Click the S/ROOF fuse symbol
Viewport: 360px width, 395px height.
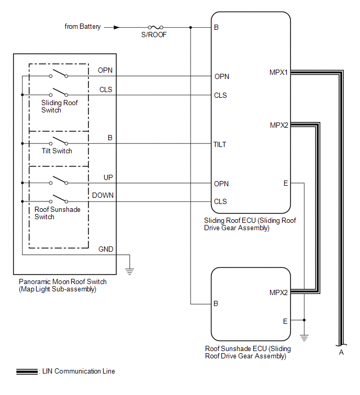(x=155, y=27)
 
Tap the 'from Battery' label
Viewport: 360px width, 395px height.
(x=83, y=26)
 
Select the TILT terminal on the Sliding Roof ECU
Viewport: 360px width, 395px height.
(x=220, y=144)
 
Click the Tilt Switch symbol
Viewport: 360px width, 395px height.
(x=59, y=141)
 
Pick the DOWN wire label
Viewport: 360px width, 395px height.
(x=103, y=196)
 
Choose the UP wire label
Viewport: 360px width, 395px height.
(x=108, y=178)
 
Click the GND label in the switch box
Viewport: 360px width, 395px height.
(x=106, y=250)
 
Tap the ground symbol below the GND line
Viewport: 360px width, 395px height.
(x=130, y=271)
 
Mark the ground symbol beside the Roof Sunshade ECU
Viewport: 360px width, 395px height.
(x=304, y=338)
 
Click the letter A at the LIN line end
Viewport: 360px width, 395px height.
(x=341, y=352)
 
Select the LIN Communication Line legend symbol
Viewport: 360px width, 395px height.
(x=26, y=371)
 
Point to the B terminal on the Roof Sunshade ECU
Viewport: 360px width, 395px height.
(x=216, y=303)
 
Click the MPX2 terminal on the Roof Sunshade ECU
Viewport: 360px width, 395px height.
(x=279, y=292)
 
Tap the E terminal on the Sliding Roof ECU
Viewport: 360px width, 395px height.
(x=286, y=183)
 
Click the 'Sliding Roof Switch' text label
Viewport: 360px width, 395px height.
(x=59, y=106)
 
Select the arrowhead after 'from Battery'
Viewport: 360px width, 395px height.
(x=116, y=27)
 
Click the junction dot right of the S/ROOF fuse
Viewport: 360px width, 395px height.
(x=190, y=27)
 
